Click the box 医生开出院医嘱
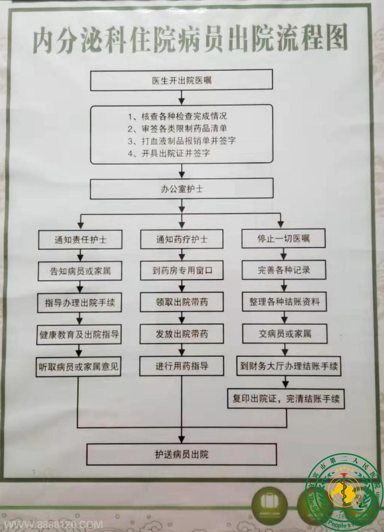pyautogui.click(x=181, y=80)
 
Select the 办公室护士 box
pyautogui.click(x=181, y=189)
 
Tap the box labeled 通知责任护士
pyautogui.click(x=80, y=240)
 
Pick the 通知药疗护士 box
pyautogui.click(x=181, y=239)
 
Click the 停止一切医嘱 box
pyautogui.click(x=283, y=239)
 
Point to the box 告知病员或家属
pyautogui.click(x=80, y=271)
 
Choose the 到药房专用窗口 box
pyautogui.click(x=181, y=271)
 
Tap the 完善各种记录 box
pyautogui.click(x=283, y=270)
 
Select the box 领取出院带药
pyautogui.click(x=181, y=302)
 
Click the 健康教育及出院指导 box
pyautogui.click(x=79, y=335)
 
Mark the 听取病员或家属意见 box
pyautogui.click(x=79, y=367)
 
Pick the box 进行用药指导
pyautogui.click(x=181, y=366)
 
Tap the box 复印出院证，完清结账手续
pyautogui.click(x=286, y=399)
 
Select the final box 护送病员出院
pyautogui.click(x=181, y=454)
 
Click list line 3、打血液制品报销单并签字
pyautogui.click(x=182, y=141)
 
